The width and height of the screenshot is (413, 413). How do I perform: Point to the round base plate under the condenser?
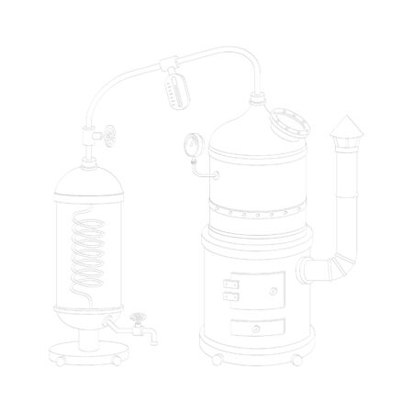click(x=91, y=353)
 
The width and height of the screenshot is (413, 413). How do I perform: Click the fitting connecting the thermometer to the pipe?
click(x=171, y=66)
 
